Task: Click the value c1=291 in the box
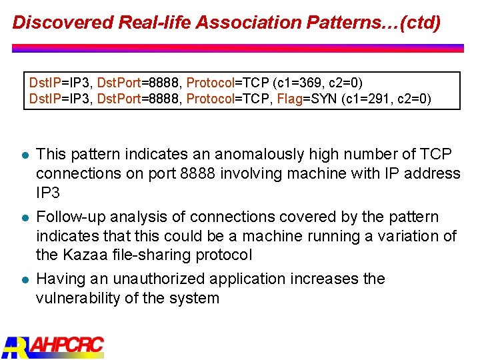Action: point(367,99)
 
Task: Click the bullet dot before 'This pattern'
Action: point(22,155)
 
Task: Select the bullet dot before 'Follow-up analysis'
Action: point(22,218)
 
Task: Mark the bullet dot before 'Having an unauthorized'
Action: point(22,279)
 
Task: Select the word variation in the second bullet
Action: point(409,236)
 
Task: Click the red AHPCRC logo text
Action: point(67,346)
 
